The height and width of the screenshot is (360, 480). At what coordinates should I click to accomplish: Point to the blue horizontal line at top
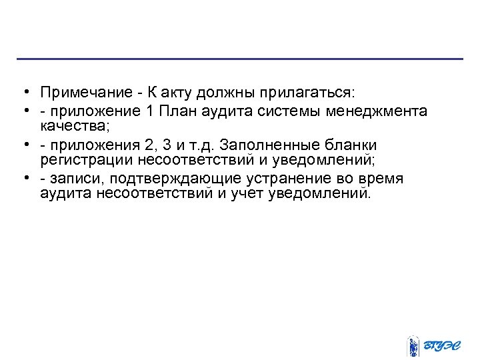click(x=240, y=59)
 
